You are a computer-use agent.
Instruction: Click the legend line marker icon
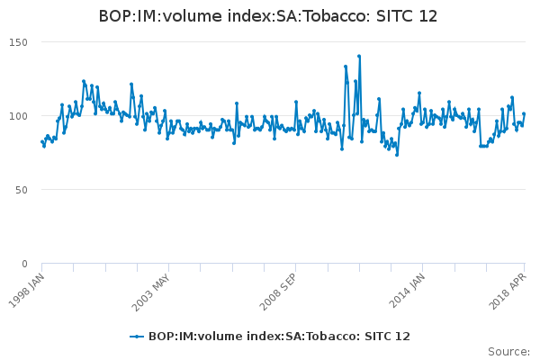137,337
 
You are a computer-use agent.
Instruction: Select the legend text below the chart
279,337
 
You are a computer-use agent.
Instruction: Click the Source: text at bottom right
508,351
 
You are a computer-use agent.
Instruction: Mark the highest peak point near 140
359,56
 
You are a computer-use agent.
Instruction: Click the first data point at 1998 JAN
42,141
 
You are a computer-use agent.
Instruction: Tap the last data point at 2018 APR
524,114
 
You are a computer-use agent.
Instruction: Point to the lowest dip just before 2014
397,155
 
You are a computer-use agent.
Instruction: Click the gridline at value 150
270,42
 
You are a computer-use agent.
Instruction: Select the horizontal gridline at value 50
270,190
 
